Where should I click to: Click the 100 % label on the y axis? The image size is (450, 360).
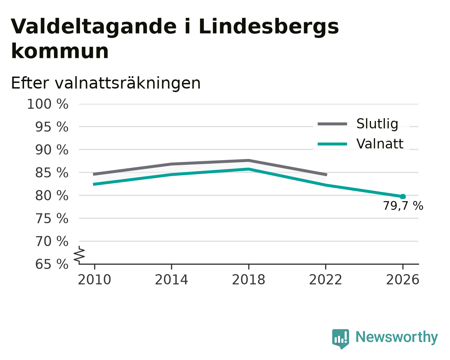(x=48, y=104)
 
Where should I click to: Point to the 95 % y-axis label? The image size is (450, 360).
(x=51, y=127)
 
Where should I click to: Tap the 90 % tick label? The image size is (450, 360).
(x=51, y=150)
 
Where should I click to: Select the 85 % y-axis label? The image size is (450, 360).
(x=51, y=173)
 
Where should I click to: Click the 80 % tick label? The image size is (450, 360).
(x=51, y=196)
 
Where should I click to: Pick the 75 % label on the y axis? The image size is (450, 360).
(x=51, y=219)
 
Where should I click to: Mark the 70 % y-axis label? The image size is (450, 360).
(x=51, y=241)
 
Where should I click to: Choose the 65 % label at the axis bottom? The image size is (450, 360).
(x=51, y=264)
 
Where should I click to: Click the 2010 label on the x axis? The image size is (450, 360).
(x=94, y=280)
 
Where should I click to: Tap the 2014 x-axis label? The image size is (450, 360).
(x=171, y=280)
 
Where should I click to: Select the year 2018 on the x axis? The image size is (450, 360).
(x=248, y=280)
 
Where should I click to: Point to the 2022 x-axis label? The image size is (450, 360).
(x=326, y=280)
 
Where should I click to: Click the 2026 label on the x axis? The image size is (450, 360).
(x=402, y=280)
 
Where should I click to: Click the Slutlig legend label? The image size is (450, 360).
(x=377, y=124)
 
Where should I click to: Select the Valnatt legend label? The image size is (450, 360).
(x=380, y=144)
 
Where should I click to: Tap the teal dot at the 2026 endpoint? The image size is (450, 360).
(x=403, y=197)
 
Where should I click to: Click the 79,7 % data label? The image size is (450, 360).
(x=403, y=206)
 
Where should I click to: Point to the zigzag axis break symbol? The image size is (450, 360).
(x=79, y=254)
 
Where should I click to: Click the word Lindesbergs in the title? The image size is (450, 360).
(x=269, y=27)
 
